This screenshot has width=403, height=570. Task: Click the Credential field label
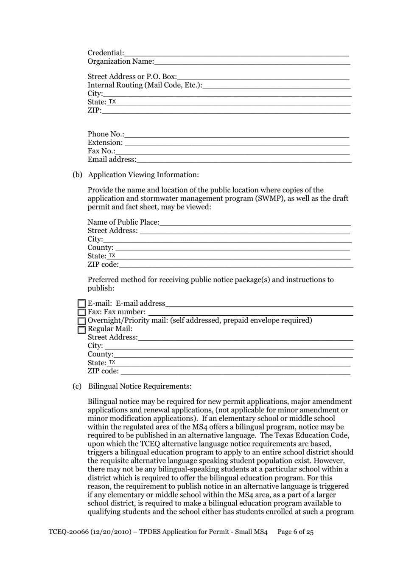click(x=106, y=53)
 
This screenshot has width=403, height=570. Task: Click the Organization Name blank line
click(x=252, y=62)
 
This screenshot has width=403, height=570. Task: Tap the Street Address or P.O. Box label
click(x=132, y=76)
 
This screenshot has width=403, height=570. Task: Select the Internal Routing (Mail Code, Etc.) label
click(x=145, y=85)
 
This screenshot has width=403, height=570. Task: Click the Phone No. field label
click(x=106, y=134)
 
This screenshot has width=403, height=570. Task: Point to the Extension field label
click(x=105, y=143)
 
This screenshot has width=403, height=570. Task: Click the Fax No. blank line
click(x=232, y=152)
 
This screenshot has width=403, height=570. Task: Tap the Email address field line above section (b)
click(x=244, y=161)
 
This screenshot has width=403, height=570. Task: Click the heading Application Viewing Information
click(x=143, y=175)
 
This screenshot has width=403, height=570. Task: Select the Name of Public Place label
click(x=123, y=222)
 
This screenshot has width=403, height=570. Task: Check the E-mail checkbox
click(x=82, y=304)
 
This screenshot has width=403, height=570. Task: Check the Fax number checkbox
click(x=82, y=312)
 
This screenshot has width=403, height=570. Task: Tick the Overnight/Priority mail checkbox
click(x=82, y=321)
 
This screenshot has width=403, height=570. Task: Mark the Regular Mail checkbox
click(x=82, y=330)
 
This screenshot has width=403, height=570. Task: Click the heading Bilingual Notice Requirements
click(x=140, y=386)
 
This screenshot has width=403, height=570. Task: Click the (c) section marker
click(x=77, y=386)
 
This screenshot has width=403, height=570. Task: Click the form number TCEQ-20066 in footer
click(x=67, y=532)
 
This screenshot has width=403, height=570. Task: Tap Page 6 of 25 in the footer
click(x=295, y=532)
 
